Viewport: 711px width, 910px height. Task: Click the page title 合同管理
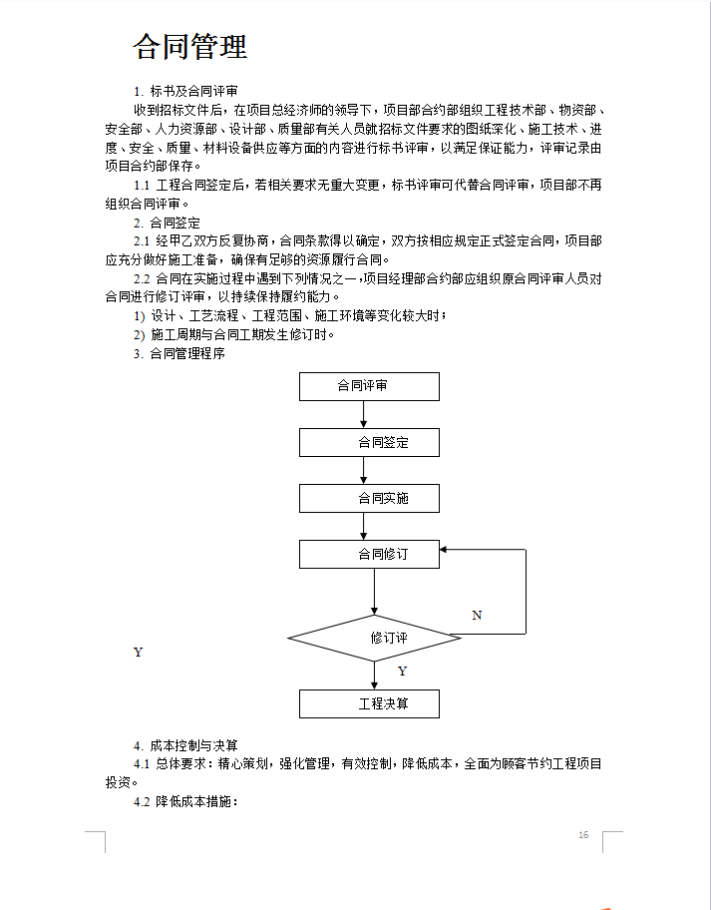(190, 47)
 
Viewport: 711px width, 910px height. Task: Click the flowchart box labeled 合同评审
(369, 386)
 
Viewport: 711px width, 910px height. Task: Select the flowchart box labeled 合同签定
(369, 442)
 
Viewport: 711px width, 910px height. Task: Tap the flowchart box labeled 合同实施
(369, 498)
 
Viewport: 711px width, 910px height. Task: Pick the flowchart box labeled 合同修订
(369, 554)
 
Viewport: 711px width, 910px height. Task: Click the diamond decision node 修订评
(375, 638)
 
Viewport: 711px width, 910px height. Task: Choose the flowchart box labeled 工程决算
(369, 703)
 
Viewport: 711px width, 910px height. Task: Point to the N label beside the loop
(477, 616)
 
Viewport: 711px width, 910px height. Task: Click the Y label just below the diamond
(402, 672)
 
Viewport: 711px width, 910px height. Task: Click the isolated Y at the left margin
(138, 653)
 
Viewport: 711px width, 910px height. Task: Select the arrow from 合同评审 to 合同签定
(363, 414)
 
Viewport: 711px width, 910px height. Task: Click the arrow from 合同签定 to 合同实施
(363, 470)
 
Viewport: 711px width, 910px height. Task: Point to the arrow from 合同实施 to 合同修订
(363, 526)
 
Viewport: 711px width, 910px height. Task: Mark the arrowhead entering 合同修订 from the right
(446, 549)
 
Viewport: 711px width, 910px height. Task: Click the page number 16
(583, 834)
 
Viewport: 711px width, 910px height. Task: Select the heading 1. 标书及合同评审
(185, 91)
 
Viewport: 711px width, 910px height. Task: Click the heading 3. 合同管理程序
(179, 352)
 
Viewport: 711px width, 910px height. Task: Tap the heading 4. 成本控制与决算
(185, 745)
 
